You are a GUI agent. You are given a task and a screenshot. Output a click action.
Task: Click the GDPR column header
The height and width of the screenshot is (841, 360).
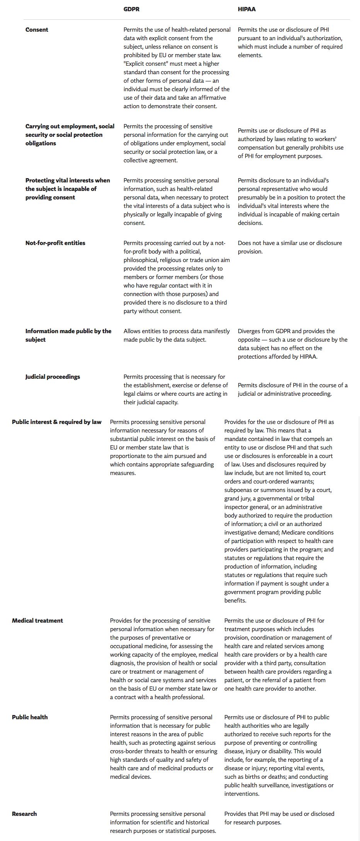[x=131, y=9]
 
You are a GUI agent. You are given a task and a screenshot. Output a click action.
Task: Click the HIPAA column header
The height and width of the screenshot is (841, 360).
[x=246, y=9]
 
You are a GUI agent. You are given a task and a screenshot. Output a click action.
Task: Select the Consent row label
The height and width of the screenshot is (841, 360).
[x=37, y=30]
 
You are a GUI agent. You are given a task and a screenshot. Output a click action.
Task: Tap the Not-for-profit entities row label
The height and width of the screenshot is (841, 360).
[x=55, y=243]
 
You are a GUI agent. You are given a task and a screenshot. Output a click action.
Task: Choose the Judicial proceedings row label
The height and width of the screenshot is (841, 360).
[x=53, y=377]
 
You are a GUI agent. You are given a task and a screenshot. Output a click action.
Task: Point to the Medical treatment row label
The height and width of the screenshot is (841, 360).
[x=37, y=621]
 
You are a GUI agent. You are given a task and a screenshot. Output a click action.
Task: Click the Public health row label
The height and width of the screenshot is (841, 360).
[x=30, y=717]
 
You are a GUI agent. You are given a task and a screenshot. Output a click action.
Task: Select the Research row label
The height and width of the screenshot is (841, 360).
[x=24, y=814]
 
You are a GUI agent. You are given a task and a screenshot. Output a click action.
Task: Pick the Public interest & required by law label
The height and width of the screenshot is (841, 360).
[x=57, y=422]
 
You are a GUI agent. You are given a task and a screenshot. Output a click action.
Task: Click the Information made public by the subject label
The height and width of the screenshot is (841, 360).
[x=68, y=335]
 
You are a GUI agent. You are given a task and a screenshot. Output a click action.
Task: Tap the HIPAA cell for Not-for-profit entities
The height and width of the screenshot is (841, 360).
[x=290, y=247]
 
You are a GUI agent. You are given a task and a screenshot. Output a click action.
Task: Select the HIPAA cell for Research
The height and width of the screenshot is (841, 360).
[x=279, y=818]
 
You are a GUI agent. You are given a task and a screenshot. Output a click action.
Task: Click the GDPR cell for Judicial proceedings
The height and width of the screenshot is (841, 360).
[x=176, y=390]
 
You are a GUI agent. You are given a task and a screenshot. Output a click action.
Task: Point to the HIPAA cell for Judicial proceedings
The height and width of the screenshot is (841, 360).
[x=292, y=390]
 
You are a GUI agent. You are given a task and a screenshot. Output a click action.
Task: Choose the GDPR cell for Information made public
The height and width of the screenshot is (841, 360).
[x=177, y=335]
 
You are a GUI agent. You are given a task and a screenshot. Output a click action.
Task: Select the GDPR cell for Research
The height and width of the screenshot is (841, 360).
[x=163, y=822]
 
